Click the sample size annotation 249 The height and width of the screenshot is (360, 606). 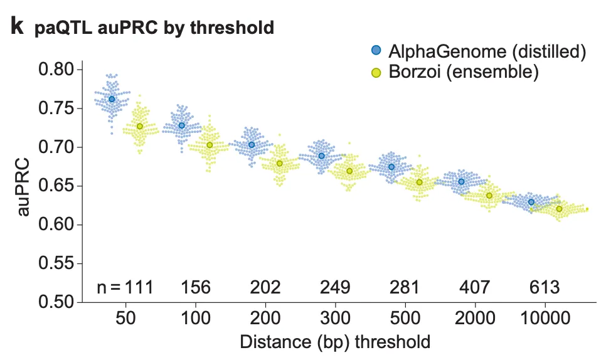click(x=336, y=288)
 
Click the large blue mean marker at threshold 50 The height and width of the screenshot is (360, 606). click(x=112, y=99)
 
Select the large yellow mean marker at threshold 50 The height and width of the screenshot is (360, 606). click(x=140, y=127)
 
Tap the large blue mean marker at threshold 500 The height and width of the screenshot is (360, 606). click(x=391, y=167)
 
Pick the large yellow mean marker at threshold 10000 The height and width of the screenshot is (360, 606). click(x=559, y=209)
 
